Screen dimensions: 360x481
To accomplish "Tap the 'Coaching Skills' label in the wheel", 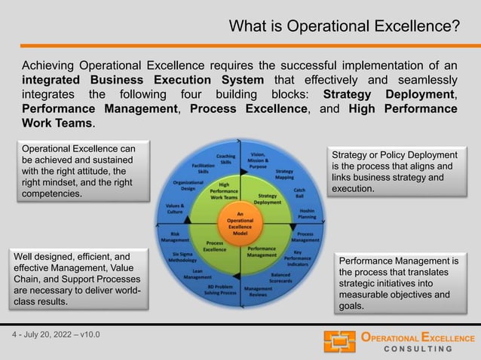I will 225,159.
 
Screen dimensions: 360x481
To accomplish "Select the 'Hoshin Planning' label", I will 307,214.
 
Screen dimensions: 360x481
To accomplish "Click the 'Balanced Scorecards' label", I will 280,279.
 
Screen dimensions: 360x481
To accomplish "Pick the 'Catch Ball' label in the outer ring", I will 299,193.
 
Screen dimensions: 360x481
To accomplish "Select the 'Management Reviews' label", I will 258,291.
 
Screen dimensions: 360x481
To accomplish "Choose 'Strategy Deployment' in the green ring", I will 268,199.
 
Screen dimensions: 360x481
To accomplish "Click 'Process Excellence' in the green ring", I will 214,246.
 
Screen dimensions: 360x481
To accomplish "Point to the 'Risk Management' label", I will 175,237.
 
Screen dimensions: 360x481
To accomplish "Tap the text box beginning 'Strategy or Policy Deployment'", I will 394,171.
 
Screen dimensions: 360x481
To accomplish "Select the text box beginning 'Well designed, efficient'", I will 78,279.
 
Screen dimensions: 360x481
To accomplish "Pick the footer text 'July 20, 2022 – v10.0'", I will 57,334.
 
